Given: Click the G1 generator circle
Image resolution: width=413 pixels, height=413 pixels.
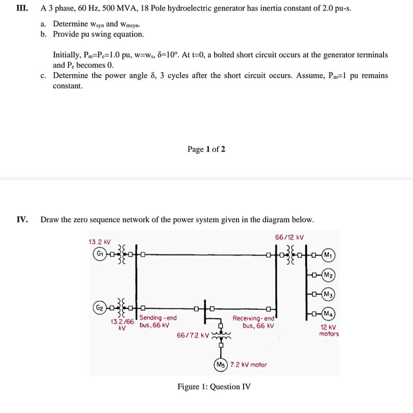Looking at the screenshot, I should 98,254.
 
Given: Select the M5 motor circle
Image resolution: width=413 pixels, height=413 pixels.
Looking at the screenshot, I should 220,365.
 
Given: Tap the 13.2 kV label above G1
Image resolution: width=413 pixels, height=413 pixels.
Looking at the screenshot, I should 99,242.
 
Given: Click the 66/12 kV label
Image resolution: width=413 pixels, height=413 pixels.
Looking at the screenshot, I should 289,238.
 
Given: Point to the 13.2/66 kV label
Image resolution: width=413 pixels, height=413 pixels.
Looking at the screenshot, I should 122,324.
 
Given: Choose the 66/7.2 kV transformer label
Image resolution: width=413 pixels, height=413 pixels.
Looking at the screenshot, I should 193,336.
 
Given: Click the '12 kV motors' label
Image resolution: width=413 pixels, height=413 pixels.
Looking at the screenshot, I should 329,331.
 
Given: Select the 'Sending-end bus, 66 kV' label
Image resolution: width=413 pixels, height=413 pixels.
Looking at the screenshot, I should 158,321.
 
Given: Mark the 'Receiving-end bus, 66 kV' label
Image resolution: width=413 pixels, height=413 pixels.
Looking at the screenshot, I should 253,321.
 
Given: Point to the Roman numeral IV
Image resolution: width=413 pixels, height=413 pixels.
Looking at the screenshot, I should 22,219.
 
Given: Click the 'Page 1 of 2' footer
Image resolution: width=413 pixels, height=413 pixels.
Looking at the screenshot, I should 206,149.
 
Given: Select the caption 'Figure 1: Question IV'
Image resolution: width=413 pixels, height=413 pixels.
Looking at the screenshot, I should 214,387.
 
